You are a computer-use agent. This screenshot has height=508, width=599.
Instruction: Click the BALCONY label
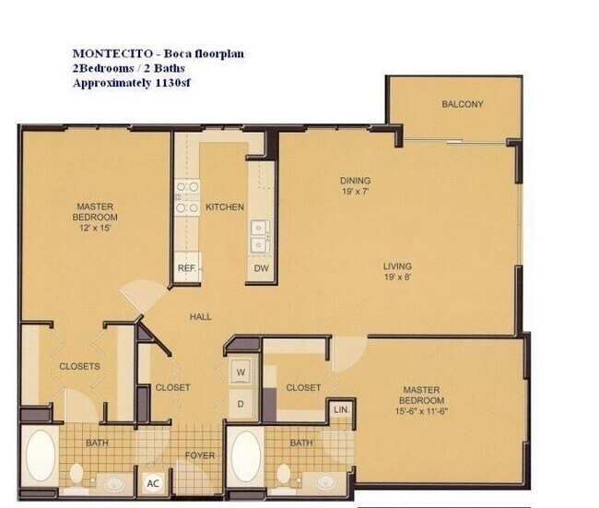462,104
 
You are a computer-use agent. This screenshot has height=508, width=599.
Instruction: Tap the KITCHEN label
225,207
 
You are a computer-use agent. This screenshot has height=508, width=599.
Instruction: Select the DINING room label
355,181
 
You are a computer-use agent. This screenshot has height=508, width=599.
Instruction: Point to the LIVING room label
397,267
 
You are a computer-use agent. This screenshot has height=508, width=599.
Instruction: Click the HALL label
201,316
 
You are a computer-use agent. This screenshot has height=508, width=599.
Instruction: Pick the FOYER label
200,454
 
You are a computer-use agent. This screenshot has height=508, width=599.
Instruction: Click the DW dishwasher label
261,268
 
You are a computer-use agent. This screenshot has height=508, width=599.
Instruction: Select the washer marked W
242,372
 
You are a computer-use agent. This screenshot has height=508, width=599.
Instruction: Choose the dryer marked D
242,403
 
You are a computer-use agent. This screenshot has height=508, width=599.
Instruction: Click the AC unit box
154,482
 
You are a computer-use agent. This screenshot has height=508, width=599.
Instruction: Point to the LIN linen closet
340,408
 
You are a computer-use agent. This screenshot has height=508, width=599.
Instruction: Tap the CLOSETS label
79,366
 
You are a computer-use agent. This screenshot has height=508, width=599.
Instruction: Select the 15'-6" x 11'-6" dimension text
422,412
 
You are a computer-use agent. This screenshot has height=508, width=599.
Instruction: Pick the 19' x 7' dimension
355,192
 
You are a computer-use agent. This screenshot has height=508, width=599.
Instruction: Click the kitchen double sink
261,235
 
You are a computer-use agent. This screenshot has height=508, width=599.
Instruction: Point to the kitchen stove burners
188,197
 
